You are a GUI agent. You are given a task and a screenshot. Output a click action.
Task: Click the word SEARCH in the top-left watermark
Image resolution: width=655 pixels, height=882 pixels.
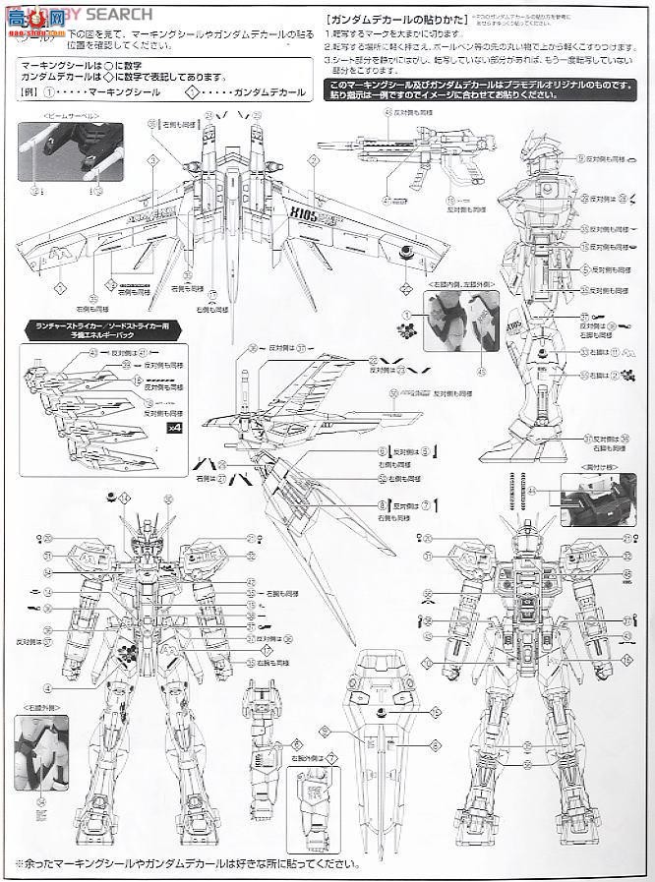click(x=122, y=14)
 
